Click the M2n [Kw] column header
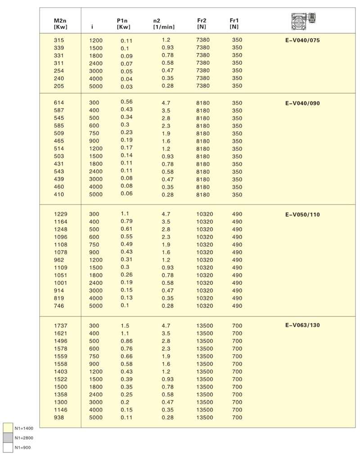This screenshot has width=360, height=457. [x=61, y=23]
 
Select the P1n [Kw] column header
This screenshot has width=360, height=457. [x=123, y=23]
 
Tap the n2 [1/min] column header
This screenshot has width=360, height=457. [x=163, y=23]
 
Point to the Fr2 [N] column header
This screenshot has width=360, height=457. [x=202, y=23]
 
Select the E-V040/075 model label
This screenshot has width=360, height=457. [x=302, y=40]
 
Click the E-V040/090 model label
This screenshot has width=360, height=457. [x=302, y=103]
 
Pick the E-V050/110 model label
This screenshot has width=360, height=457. [x=302, y=215]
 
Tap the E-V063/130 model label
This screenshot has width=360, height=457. [x=302, y=325]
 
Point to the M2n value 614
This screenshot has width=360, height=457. [x=59, y=103]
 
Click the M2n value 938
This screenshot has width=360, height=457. [x=59, y=417]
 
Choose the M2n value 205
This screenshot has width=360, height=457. [x=59, y=86]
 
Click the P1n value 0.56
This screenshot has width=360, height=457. [x=126, y=102]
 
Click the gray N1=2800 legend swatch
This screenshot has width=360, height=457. [x=8, y=438]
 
